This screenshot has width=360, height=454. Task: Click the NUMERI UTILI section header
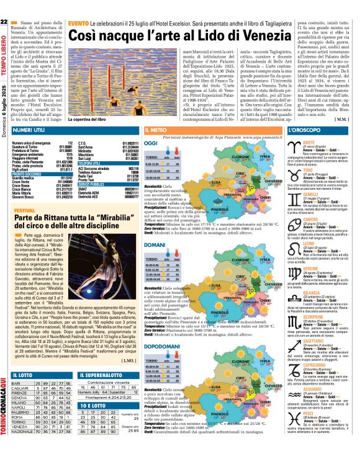coord(32,131)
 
